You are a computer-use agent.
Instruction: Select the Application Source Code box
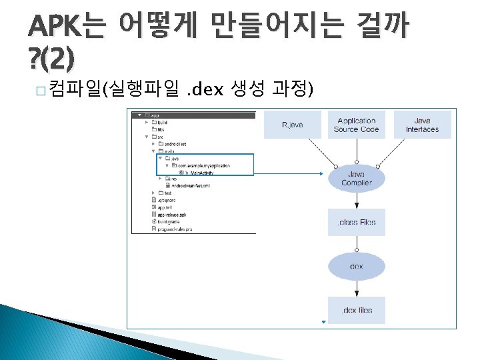356,125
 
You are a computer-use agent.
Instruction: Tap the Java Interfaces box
422,125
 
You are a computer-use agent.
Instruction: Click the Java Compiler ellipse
356,178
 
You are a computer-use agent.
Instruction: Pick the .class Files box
356,223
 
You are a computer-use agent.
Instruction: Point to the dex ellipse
356,266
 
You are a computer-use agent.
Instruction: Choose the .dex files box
356,310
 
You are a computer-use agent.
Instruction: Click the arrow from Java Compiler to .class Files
356,201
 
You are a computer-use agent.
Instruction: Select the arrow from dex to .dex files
356,288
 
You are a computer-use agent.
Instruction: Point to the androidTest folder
177,143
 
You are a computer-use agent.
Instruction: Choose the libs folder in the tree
162,129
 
